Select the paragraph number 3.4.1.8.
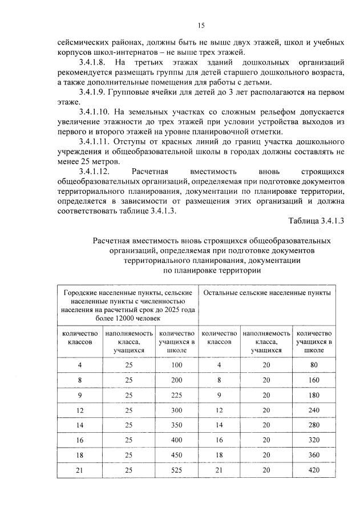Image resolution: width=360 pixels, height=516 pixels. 94,61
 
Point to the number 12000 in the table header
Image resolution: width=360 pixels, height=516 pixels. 117,318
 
